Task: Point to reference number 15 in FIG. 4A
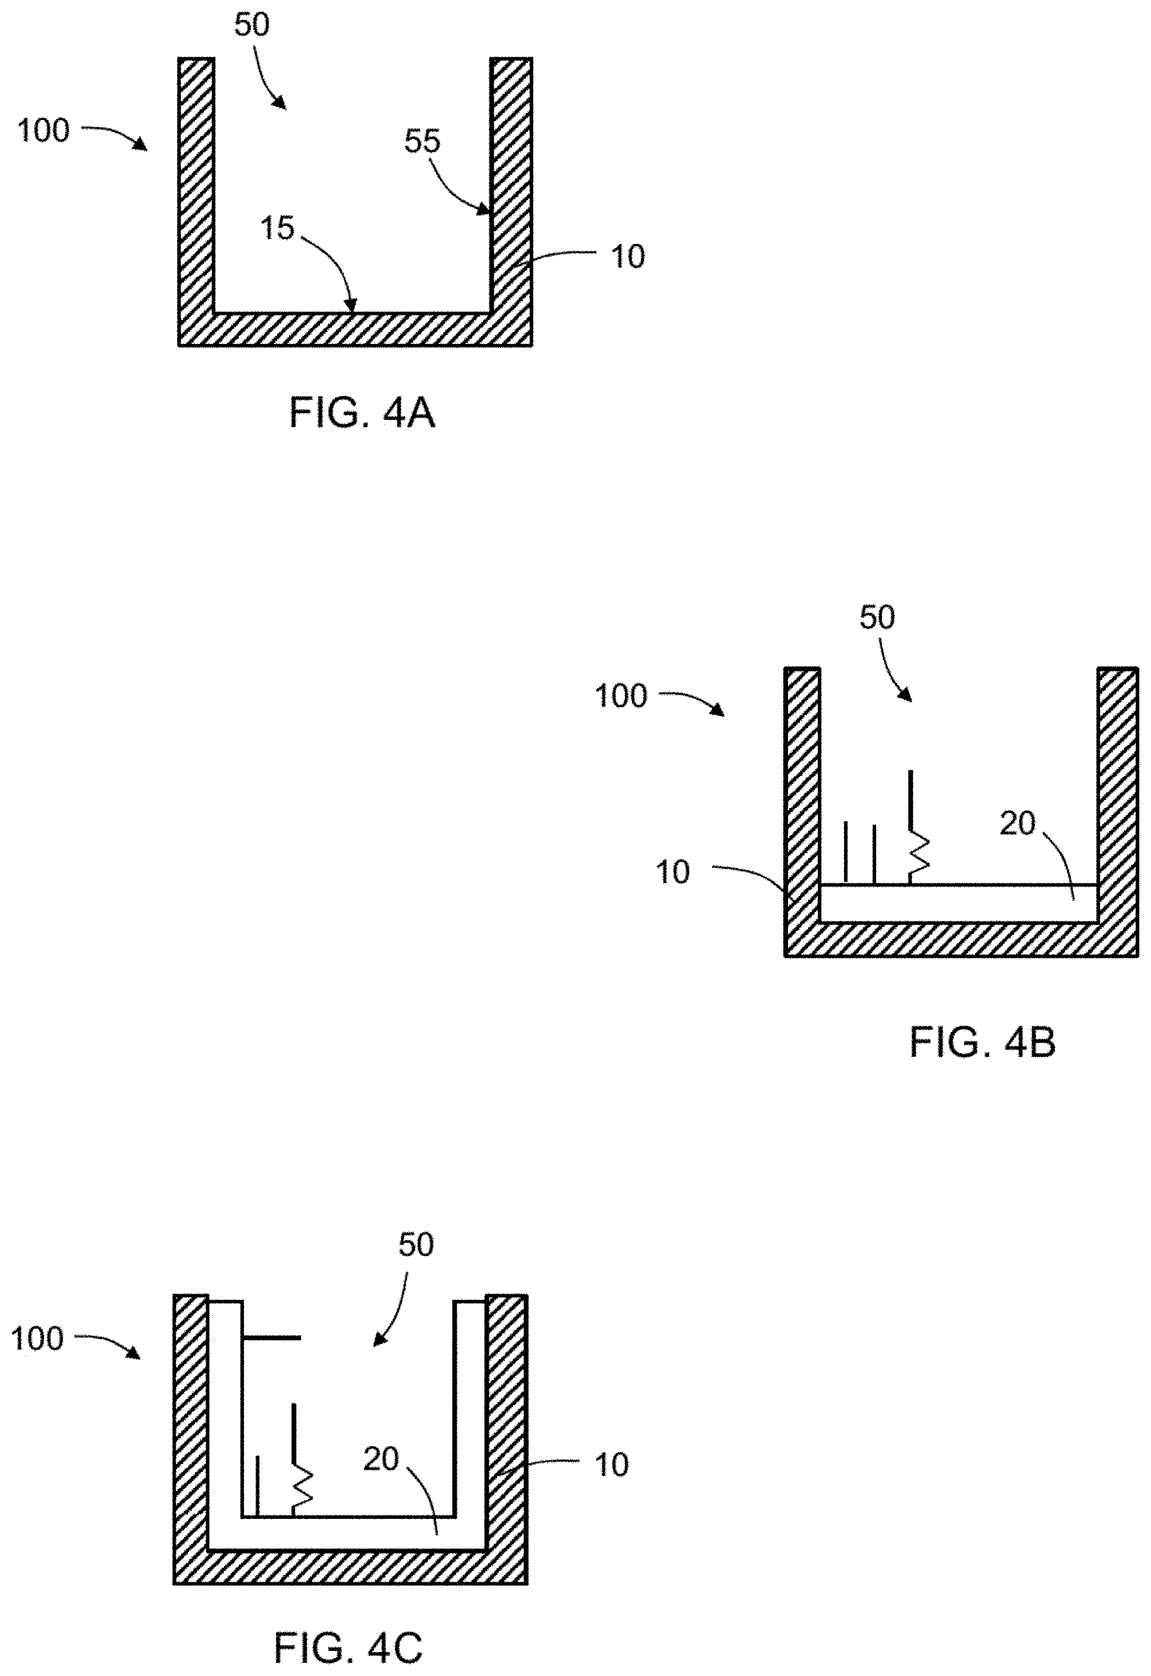[278, 229]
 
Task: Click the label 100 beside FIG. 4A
[43, 131]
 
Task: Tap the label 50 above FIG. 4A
[251, 25]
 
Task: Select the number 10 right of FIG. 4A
[628, 257]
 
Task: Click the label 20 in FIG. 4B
[1017, 823]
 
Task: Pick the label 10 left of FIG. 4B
[672, 873]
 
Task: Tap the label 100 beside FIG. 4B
[621, 696]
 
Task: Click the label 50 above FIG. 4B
[877, 617]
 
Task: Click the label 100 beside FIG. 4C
[38, 1339]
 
